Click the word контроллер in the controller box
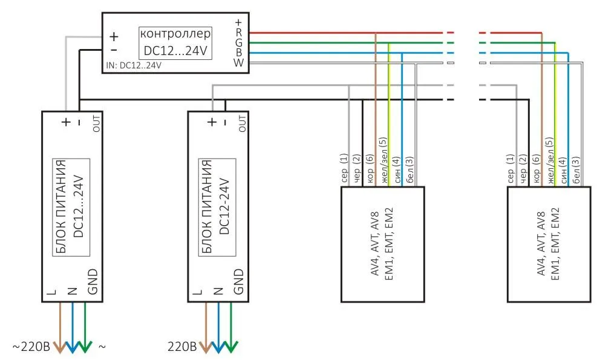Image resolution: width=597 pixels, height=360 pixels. pos(175,34)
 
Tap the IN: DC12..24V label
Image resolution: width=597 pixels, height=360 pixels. pos(134,65)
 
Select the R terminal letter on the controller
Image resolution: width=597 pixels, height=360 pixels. pos(239,33)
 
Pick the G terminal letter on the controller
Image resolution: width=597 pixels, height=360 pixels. pos(239,43)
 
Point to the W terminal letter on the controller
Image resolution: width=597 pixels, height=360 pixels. pos(239,62)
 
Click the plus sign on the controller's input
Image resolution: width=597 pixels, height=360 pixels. pos(114,36)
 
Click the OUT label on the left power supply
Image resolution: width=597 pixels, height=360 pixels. pos(96,123)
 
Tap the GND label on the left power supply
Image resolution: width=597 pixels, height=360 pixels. pos(93,281)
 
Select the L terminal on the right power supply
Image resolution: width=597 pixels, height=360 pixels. pos(197,292)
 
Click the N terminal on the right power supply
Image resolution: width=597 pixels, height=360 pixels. pos(218,291)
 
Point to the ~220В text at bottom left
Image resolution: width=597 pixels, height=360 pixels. pos(31,347)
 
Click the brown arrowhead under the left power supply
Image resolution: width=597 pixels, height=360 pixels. pos(60,347)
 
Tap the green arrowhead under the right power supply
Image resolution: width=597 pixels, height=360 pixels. pos(231,347)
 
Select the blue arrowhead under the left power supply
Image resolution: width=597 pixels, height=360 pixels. pos(73,347)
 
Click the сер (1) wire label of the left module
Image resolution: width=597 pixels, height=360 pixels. pos(344,168)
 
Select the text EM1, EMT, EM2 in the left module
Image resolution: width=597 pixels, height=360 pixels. pos(389,244)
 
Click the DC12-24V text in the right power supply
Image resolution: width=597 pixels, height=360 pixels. pos(224,206)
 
